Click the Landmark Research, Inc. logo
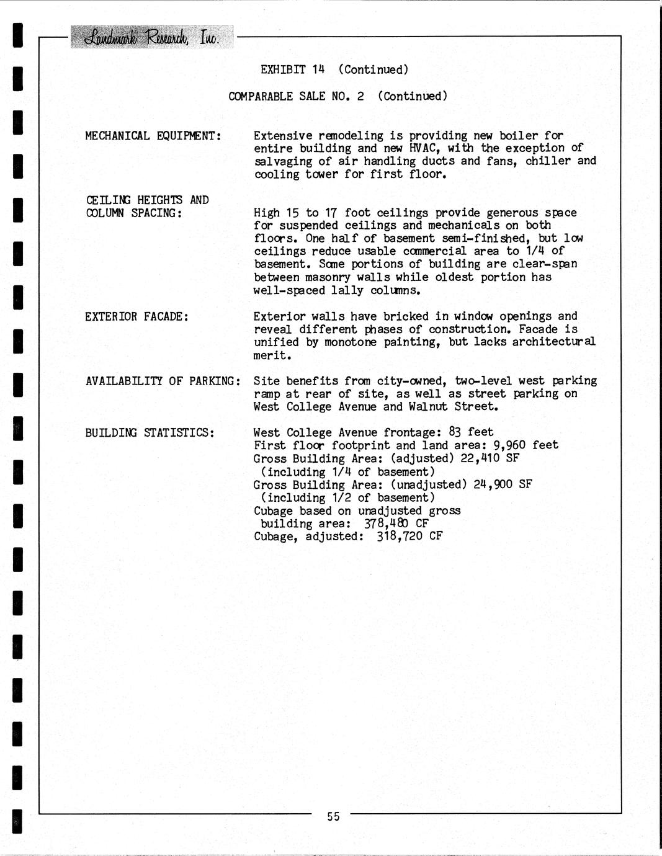click(152, 37)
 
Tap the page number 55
click(333, 816)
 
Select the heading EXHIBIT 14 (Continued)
click(334, 69)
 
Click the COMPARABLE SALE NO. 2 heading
click(338, 96)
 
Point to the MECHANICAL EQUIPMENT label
click(153, 136)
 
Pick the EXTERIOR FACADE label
click(137, 317)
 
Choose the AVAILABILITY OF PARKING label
click(163, 381)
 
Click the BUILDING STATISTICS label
click(150, 432)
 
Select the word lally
click(347, 290)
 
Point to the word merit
click(271, 355)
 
